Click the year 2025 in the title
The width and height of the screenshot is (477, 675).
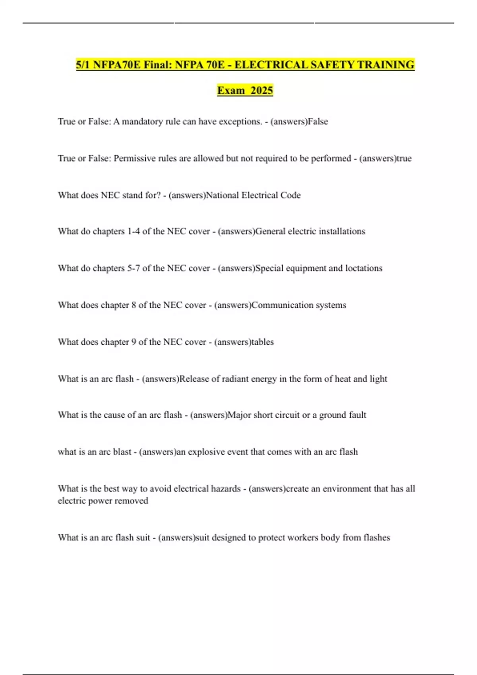coord(262,91)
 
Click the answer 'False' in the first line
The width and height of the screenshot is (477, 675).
coord(318,121)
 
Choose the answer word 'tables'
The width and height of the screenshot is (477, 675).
coord(263,342)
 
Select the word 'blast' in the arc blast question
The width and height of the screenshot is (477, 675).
coord(122,452)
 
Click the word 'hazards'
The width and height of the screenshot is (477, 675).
coord(226,489)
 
